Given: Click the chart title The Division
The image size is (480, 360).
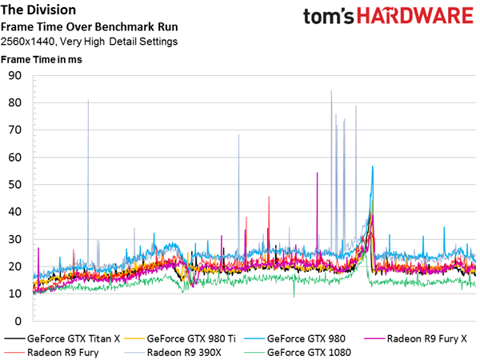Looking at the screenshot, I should pyautogui.click(x=39, y=10).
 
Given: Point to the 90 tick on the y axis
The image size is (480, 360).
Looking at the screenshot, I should pyautogui.click(x=14, y=76).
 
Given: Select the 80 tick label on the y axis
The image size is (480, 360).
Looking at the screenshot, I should pyautogui.click(x=14, y=103).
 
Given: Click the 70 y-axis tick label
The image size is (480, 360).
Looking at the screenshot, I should pyautogui.click(x=14, y=130).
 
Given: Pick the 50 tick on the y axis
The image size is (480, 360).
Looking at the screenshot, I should pyautogui.click(x=14, y=185).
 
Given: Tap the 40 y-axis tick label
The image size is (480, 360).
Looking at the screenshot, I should pyautogui.click(x=14, y=212).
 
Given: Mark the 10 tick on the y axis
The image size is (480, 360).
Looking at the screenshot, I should pyautogui.click(x=14, y=294).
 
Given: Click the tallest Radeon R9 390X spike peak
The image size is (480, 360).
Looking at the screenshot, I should pyautogui.click(x=331, y=91).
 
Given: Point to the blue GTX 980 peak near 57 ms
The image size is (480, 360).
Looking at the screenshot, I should pyautogui.click(x=373, y=166).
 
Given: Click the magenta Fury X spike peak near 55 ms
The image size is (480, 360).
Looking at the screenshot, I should pyautogui.click(x=318, y=173).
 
